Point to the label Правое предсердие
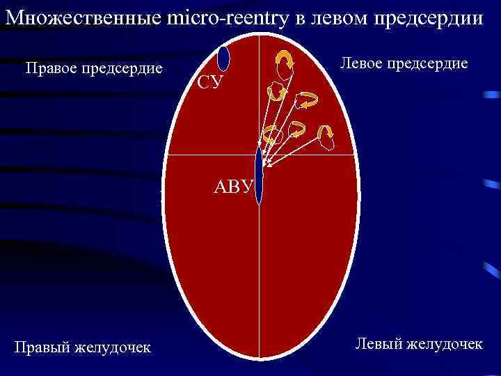pyautogui.click(x=93, y=68)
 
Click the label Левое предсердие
pyautogui.click(x=403, y=63)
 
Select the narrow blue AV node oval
pyautogui.click(x=260, y=175)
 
